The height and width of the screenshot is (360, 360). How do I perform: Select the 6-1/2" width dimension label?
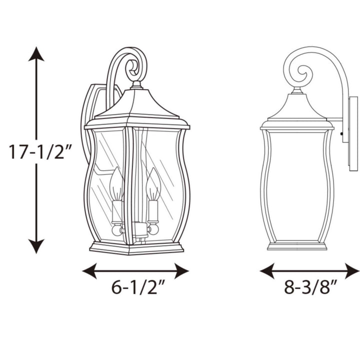[x=136, y=289]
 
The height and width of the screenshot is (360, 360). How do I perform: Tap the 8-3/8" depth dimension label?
[x=310, y=289]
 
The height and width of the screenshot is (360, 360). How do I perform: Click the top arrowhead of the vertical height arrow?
[x=36, y=53]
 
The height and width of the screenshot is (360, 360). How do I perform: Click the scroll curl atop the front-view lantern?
[x=134, y=66]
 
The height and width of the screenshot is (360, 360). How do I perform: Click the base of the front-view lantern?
[x=136, y=248]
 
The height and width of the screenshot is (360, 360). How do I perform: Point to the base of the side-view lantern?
[x=297, y=245]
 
